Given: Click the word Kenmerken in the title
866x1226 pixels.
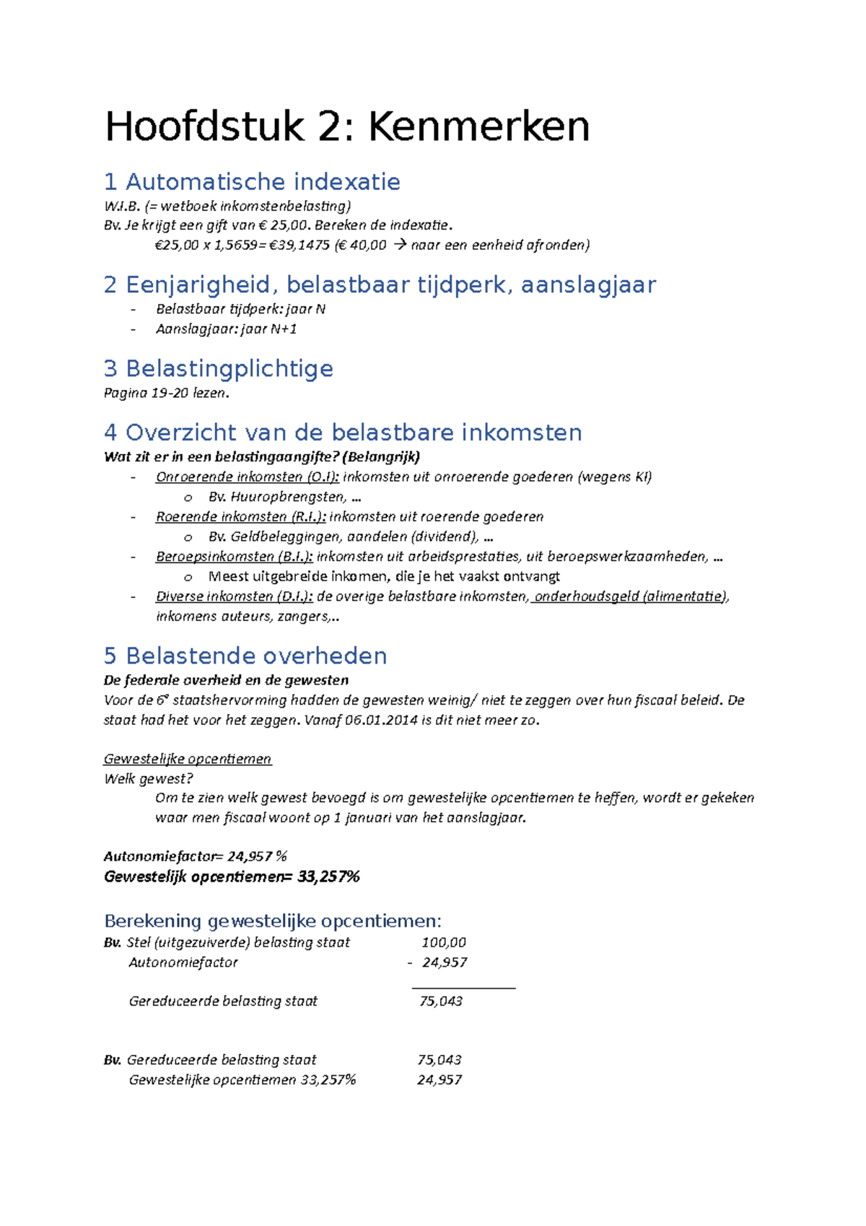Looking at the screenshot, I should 478,127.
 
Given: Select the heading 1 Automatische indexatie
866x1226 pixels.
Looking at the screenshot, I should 252,181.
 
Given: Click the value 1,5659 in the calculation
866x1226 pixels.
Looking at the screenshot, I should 235,245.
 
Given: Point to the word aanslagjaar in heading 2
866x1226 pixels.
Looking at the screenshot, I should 587,284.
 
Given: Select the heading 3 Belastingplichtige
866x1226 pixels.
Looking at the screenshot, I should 218,369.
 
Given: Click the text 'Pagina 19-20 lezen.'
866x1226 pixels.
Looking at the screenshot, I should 166,394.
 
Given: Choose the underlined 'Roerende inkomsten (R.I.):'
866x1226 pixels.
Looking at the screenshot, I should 241,517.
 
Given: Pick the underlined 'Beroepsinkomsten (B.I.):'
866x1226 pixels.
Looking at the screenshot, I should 235,557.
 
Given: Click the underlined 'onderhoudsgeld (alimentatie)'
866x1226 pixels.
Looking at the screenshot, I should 630,596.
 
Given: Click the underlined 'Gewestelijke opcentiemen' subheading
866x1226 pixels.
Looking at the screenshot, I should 188,759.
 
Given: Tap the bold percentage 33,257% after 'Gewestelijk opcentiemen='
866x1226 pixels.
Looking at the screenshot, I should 328,877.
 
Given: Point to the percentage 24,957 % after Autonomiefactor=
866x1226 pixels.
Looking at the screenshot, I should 257,856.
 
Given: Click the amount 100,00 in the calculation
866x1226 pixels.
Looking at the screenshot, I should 444,942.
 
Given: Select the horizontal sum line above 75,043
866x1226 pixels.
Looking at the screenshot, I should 463,988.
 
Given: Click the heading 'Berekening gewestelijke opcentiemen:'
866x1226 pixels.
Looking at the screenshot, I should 272,921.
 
